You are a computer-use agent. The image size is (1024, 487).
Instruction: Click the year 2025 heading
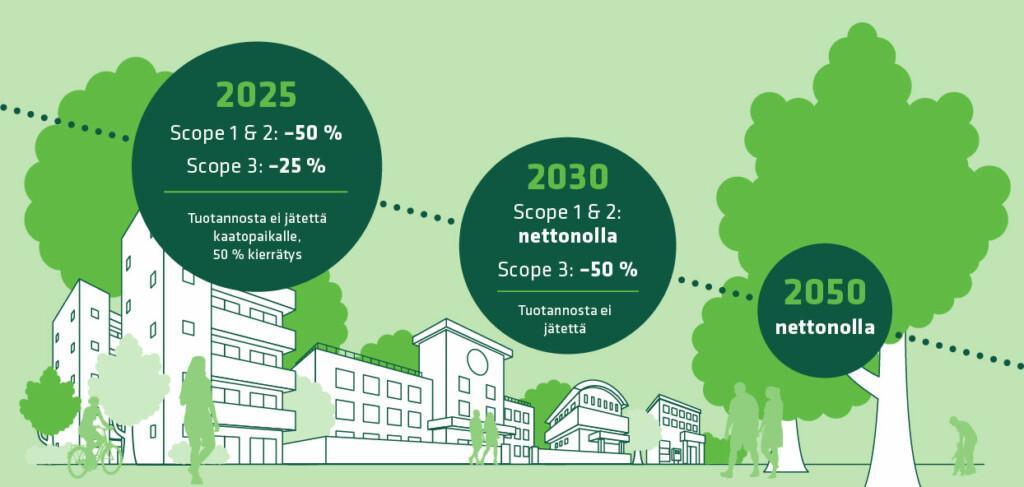coord(256,95)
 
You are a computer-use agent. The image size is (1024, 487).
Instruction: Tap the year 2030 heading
coord(568,176)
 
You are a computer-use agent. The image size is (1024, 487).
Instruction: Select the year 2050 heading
coord(825,292)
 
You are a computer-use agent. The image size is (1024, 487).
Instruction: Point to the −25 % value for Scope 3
coord(297,166)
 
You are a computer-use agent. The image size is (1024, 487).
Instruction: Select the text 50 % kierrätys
coord(257,255)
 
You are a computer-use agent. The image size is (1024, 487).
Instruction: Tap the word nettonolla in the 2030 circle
coord(568,236)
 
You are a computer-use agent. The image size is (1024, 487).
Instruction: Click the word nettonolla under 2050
coord(825,327)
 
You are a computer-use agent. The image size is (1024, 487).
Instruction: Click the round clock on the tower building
coord(477,362)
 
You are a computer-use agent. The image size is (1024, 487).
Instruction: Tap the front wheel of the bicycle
coord(78,462)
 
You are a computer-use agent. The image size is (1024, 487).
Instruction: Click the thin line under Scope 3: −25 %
coord(255,192)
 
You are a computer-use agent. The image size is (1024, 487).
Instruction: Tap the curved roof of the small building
coord(588,390)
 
